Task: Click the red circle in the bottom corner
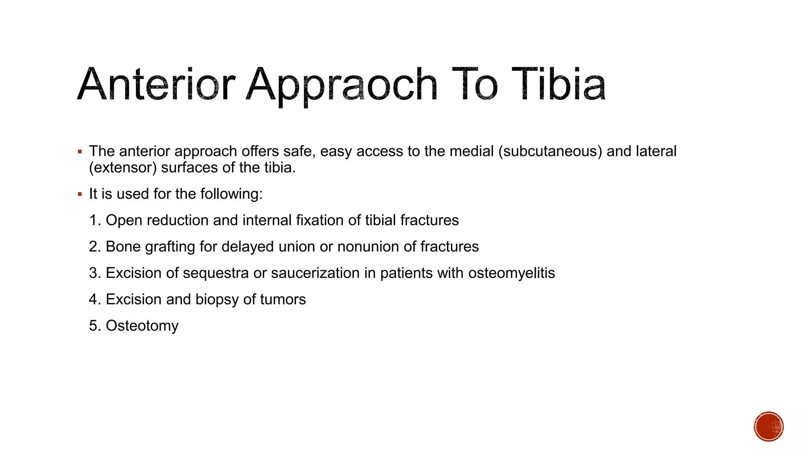click(769, 427)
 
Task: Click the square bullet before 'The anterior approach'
click(80, 151)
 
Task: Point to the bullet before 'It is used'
click(80, 194)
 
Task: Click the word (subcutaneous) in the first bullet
click(550, 151)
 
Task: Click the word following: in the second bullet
click(231, 194)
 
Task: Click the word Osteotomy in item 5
click(142, 326)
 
